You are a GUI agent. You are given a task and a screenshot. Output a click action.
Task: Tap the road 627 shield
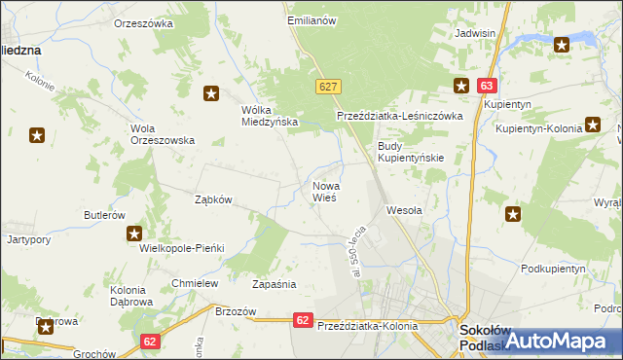click(328, 87)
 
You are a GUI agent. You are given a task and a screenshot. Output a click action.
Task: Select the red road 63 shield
click(488, 86)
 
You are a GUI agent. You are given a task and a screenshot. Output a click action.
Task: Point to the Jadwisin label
click(476, 32)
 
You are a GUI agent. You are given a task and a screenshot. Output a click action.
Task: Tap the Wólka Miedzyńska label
click(269, 116)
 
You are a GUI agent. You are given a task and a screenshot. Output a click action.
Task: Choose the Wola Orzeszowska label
click(163, 133)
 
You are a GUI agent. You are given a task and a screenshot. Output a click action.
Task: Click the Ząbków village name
click(213, 199)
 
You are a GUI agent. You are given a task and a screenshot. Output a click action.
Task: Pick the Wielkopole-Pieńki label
click(183, 248)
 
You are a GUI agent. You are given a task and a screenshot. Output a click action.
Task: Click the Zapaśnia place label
click(274, 285)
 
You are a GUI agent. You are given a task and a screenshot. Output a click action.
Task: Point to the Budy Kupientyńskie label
click(411, 152)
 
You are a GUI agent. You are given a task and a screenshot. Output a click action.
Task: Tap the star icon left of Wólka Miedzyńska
click(211, 93)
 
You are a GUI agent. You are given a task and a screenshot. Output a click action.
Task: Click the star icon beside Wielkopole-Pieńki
click(134, 234)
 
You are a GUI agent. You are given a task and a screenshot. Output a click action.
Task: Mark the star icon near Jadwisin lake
click(562, 44)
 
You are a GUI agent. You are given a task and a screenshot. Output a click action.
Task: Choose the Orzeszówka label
click(143, 22)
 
